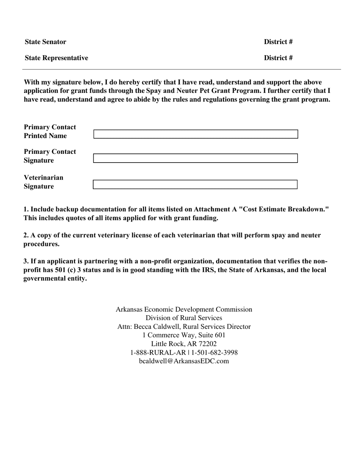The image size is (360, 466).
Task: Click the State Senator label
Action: pyautogui.click(x=45, y=42)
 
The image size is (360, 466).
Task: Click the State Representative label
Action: pyautogui.click(x=56, y=58)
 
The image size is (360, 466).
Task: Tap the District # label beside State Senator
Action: pyautogui.click(x=278, y=42)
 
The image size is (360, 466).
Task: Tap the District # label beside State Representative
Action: pyautogui.click(x=278, y=58)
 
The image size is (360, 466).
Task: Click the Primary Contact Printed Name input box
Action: pyautogui.click(x=196, y=134)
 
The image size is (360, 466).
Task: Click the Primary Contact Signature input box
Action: pyautogui.click(x=196, y=158)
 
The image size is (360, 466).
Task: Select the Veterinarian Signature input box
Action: pyautogui.click(x=196, y=185)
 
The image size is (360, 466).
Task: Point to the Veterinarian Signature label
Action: pyautogui.click(x=44, y=182)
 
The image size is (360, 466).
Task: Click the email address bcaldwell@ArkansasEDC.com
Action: pyautogui.click(x=184, y=361)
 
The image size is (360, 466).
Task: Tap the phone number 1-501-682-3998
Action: pyautogui.click(x=214, y=352)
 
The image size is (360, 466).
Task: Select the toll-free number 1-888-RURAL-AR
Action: pyautogui.click(x=158, y=352)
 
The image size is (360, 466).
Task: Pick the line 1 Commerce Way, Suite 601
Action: pyautogui.click(x=184, y=335)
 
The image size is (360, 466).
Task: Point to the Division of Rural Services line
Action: pyautogui.click(x=184, y=317)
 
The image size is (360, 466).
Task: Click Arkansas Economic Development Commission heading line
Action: pyautogui.click(x=184, y=309)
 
